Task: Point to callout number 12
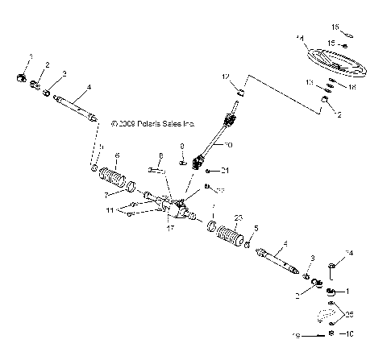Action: point(227,77)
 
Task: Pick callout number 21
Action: point(226,170)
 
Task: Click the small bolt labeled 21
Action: point(209,171)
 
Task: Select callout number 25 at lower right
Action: point(349,312)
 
